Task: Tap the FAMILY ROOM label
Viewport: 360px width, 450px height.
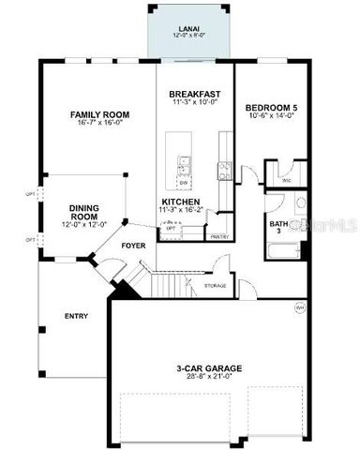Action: click(100, 114)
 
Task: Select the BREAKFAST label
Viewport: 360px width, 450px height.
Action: click(194, 95)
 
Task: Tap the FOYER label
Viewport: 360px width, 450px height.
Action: click(132, 246)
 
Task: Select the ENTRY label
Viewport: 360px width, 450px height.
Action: click(76, 316)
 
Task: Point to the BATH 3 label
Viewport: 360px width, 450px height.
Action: click(278, 227)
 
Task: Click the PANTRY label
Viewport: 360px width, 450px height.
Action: click(219, 237)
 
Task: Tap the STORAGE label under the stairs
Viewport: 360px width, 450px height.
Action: click(215, 285)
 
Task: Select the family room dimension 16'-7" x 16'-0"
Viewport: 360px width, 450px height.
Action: click(100, 125)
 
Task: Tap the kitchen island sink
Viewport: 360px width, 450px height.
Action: click(185, 169)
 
